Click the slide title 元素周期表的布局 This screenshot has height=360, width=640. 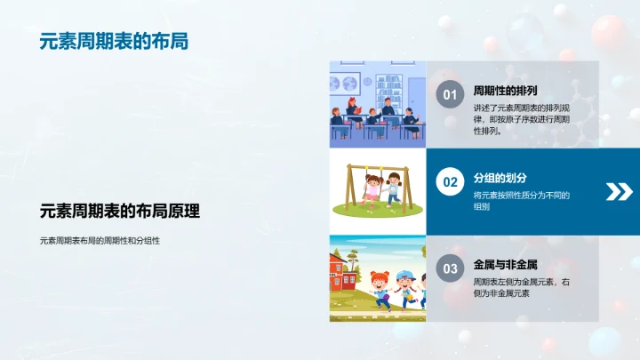point(114,42)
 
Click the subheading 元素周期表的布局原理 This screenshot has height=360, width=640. point(120,212)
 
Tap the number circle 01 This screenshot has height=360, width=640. point(450,95)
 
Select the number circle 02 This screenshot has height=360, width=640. point(450,182)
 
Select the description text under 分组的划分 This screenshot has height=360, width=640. point(521,200)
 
